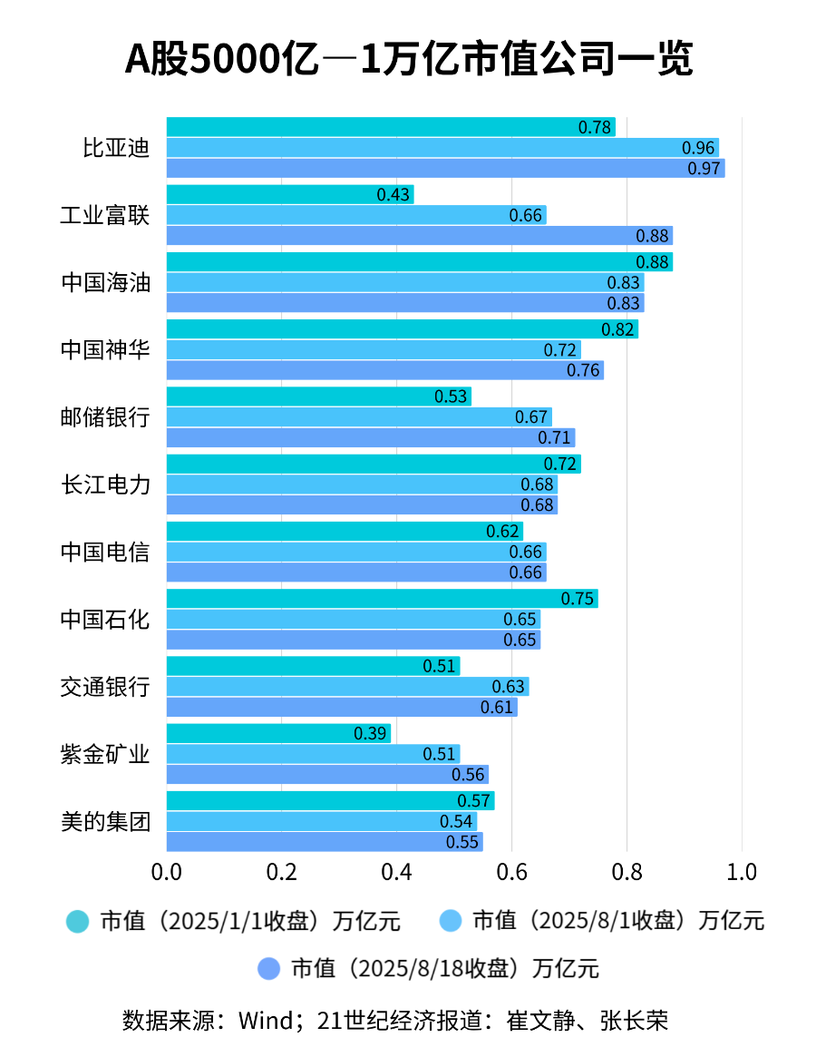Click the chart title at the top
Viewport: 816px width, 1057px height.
tap(408, 61)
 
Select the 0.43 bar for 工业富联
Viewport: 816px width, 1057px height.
tap(290, 194)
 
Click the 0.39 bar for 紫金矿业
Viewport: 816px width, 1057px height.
tap(278, 733)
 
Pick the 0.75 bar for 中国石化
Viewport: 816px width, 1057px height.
tap(381, 599)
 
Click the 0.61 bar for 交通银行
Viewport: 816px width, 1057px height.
tap(341, 707)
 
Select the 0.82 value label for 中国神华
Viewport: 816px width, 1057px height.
tap(617, 329)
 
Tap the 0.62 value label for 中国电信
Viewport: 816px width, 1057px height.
tap(503, 532)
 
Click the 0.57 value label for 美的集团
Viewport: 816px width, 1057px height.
tap(474, 801)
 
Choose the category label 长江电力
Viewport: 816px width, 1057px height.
tap(105, 484)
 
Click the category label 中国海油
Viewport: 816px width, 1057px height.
tap(105, 282)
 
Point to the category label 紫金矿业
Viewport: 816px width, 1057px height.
tap(105, 754)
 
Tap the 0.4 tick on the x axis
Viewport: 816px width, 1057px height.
tap(397, 873)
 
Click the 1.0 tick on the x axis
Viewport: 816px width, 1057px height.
tap(742, 873)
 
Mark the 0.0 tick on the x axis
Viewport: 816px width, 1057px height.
tap(167, 873)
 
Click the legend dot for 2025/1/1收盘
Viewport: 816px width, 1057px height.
tap(78, 922)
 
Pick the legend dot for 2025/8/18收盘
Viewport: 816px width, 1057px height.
tap(268, 968)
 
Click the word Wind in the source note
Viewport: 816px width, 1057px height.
tap(264, 1021)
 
